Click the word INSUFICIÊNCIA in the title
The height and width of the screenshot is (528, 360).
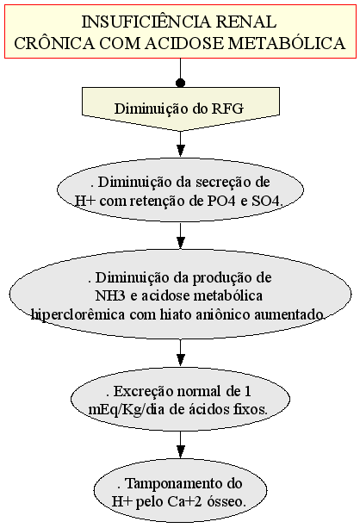146,22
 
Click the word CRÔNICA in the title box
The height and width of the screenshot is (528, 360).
54,43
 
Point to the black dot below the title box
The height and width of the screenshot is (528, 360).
181,83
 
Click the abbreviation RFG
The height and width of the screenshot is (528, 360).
227,109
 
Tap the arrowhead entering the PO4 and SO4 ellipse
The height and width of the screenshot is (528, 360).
181,151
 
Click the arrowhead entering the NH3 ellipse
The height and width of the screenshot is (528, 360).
181,243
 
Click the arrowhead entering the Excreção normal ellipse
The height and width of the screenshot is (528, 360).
181,360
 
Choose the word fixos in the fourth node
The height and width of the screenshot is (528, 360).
251,410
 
